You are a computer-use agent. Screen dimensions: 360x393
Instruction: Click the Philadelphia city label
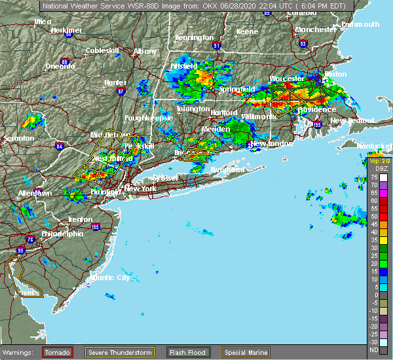pos(62,234)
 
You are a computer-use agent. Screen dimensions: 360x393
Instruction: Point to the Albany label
pos(145,51)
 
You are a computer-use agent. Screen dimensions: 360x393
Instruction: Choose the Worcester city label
pos(286,79)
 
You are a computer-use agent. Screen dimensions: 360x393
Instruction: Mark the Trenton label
pos(79,219)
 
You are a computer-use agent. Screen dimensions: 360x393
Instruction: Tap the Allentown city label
pos(35,194)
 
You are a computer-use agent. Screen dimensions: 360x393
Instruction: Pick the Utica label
pos(43,22)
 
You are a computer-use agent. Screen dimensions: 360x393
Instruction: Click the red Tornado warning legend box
pos(58,352)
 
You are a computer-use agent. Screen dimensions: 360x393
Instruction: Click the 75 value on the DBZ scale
pos(373,177)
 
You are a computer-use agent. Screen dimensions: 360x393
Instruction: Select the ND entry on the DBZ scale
pos(373,350)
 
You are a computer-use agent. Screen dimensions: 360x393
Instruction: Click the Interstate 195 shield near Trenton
pos(96,226)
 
